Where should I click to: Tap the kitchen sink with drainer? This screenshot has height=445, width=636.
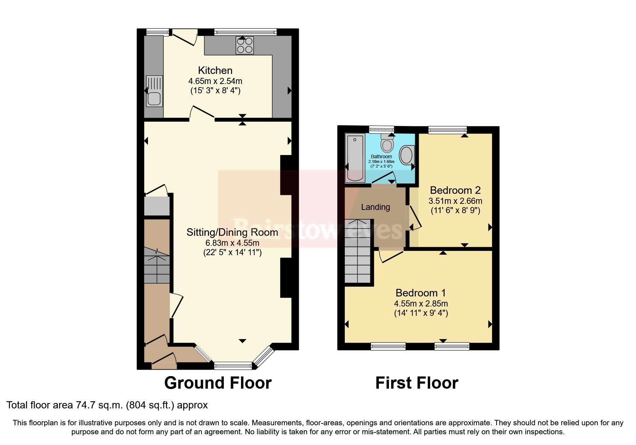(x=154, y=91)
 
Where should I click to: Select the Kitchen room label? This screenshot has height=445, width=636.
(x=215, y=70)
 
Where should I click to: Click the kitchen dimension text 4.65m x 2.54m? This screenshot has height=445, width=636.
(x=215, y=81)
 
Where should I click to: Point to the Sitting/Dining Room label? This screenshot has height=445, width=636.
(x=232, y=232)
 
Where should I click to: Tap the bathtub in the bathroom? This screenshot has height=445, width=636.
(x=355, y=158)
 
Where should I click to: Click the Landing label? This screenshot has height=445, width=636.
(x=375, y=207)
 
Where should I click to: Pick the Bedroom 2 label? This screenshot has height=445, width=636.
(x=455, y=190)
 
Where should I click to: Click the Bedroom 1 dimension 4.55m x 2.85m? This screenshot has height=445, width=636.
(x=421, y=304)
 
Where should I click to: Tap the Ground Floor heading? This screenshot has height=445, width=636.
(x=218, y=383)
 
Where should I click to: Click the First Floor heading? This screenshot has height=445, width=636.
(x=417, y=383)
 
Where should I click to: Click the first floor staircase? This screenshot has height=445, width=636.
(x=357, y=251)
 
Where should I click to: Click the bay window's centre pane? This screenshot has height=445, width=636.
(x=233, y=366)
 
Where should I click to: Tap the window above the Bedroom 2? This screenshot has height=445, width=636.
(x=447, y=130)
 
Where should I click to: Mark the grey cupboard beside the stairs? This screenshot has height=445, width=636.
(x=157, y=206)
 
